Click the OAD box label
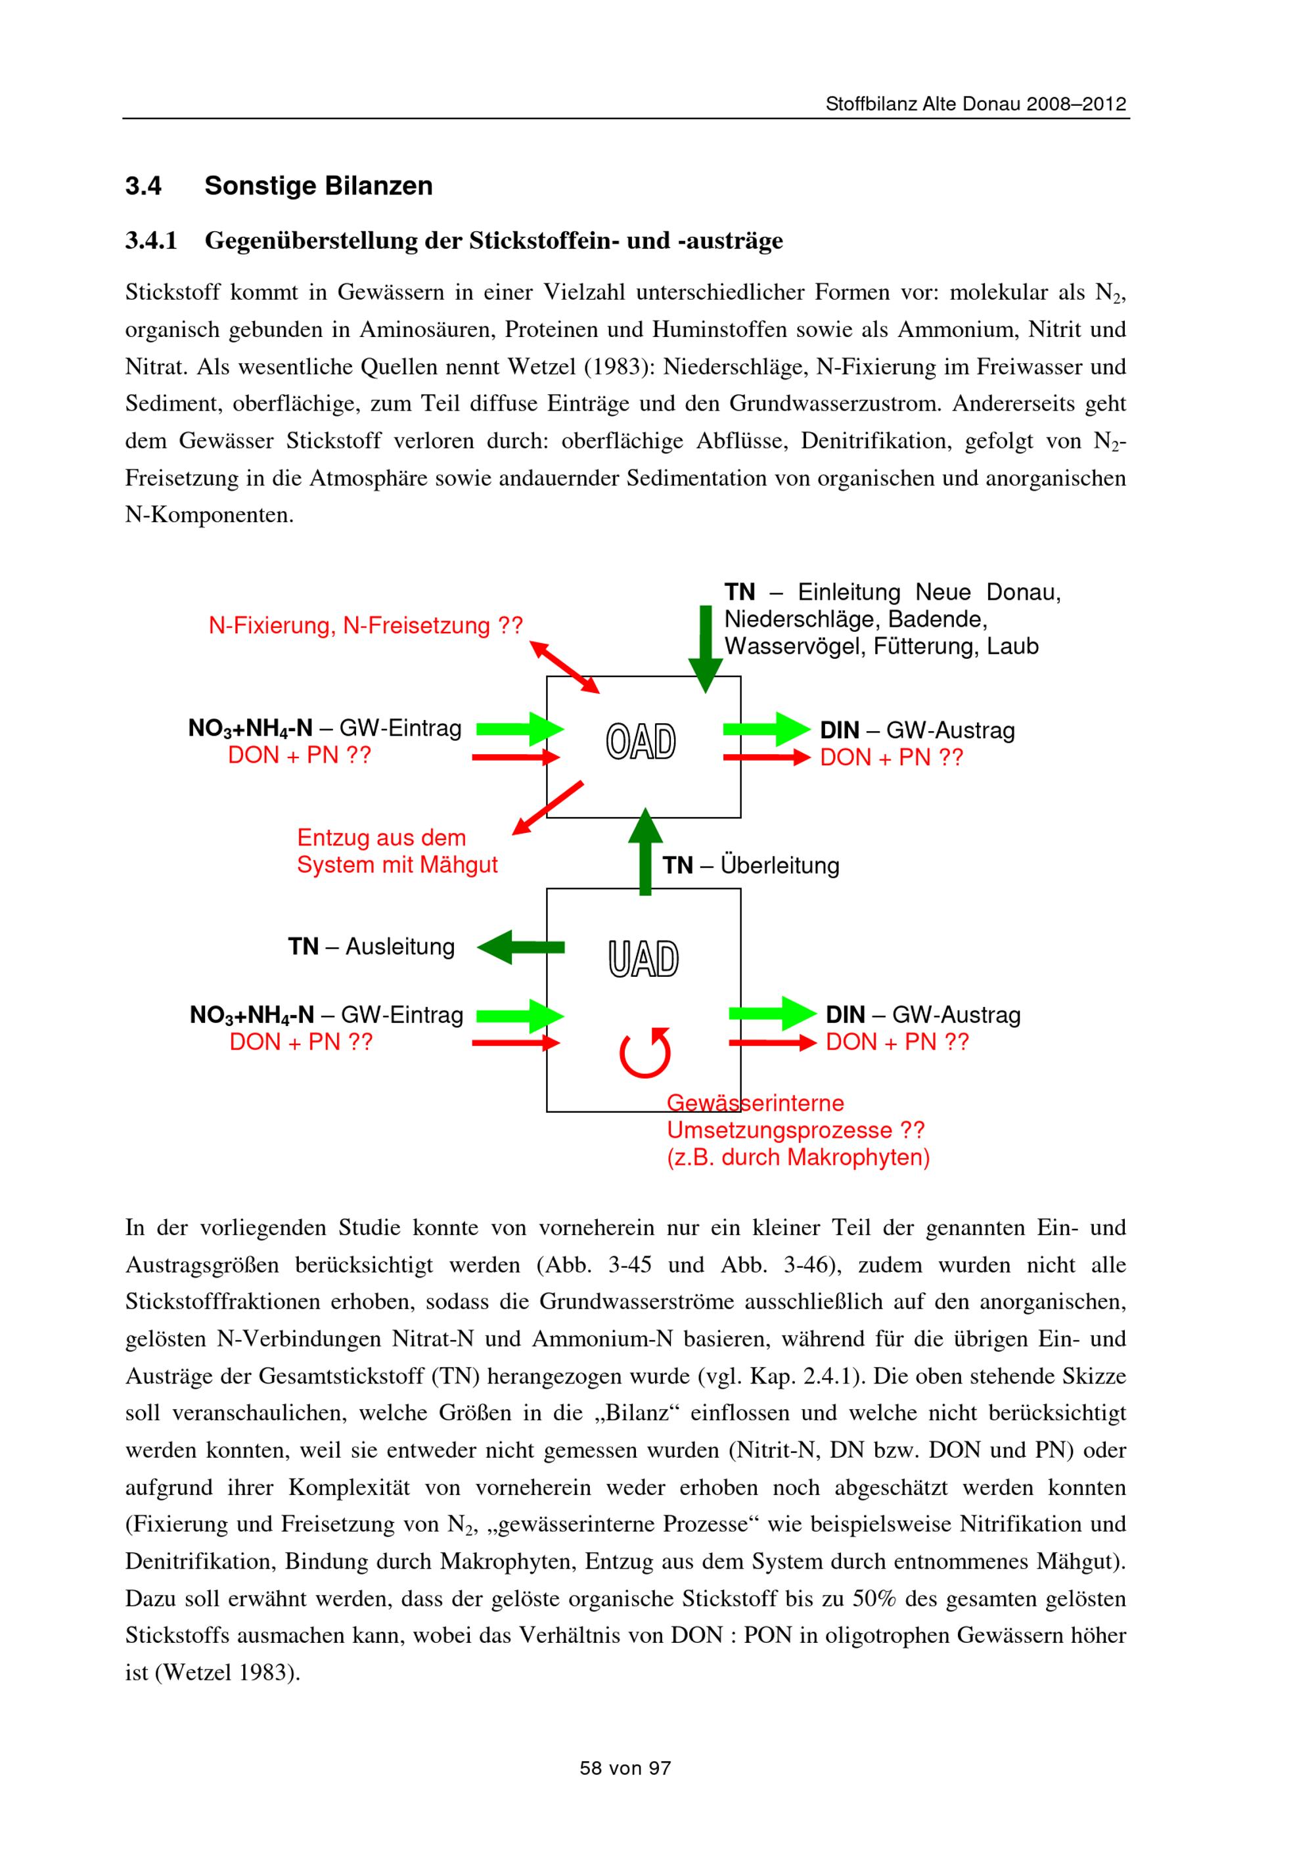[x=641, y=742]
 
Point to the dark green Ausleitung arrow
[x=520, y=947]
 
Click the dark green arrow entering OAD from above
[x=706, y=648]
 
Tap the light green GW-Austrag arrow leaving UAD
[x=773, y=1013]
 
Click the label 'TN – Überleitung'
[x=750, y=866]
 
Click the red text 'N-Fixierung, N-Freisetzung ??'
[x=366, y=626]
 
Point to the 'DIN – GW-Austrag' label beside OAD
[x=917, y=730]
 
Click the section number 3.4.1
[x=150, y=241]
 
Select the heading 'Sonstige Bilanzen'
[x=318, y=186]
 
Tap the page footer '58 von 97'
[x=625, y=1768]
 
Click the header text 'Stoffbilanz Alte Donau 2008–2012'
[x=976, y=104]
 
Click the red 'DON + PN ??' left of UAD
[x=301, y=1042]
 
